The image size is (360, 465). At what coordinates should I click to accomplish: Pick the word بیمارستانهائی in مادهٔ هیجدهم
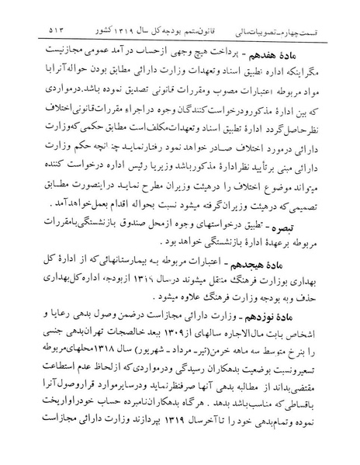(x=143, y=278)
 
